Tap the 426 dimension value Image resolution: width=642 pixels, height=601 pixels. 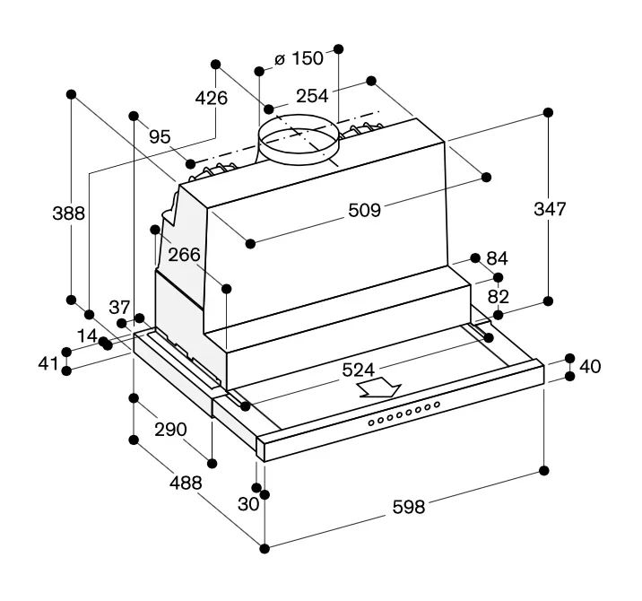pos(212,99)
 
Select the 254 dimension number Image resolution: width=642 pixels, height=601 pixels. pos(312,96)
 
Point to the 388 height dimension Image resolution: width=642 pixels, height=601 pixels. pos(68,213)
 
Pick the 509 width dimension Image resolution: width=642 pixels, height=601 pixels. pos(365,210)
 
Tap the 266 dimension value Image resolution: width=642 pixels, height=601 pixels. pos(184,255)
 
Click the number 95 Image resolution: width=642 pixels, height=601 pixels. pos(160,136)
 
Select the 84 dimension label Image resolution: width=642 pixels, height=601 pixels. pos(498,258)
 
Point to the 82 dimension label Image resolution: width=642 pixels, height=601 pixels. pos(499,296)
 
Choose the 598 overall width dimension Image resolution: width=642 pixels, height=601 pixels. pos(408,508)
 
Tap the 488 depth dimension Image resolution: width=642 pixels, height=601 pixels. pos(185,483)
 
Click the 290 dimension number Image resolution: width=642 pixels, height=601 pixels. pos(169,430)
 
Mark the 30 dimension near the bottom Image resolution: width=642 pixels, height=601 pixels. pos(248,503)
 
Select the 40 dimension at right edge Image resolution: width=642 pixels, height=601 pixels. pos(591,366)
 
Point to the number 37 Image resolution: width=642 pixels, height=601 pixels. pos(119,308)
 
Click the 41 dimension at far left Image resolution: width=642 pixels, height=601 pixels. pos(48,364)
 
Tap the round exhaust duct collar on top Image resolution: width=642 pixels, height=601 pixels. pos(298,144)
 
